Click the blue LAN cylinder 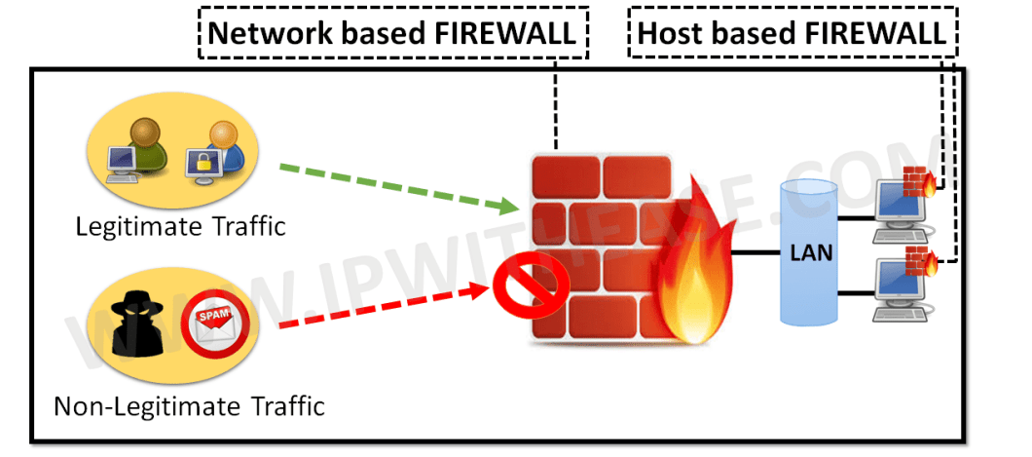coord(811,253)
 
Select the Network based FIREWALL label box coord(395,34)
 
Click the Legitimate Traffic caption coord(181,228)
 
